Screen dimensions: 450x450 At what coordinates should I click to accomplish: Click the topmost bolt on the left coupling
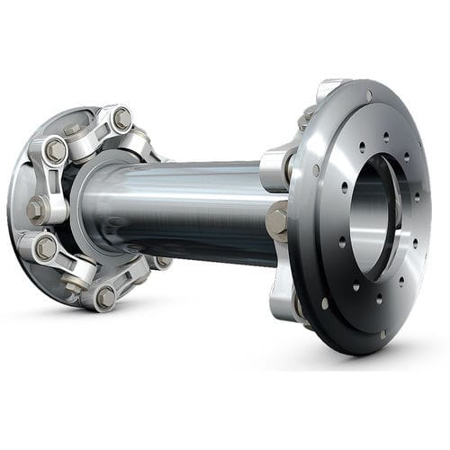[x=121, y=117]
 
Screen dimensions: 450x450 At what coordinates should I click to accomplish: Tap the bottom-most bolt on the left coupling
[x=104, y=296]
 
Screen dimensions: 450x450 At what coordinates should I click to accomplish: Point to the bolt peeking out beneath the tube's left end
[x=162, y=263]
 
